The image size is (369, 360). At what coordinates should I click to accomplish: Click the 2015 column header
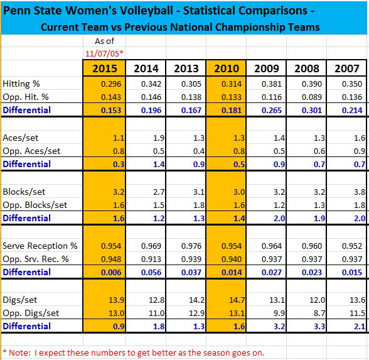[x=104, y=68]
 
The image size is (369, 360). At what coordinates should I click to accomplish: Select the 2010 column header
[x=227, y=68]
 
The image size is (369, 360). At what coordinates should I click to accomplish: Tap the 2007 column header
[x=347, y=68]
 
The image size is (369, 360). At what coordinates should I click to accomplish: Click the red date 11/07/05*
[x=104, y=53]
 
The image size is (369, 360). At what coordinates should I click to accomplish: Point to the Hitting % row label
[x=21, y=84]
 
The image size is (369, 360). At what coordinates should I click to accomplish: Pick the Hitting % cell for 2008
[x=311, y=84]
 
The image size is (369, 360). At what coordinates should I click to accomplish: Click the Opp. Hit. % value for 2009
[x=272, y=97]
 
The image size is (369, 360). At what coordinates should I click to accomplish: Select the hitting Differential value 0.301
[x=311, y=111]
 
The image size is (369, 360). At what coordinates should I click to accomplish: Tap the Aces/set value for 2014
[x=159, y=138]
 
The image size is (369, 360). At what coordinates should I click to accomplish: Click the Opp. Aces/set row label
[x=31, y=151]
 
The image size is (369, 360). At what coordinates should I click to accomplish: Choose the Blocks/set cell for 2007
[x=360, y=192]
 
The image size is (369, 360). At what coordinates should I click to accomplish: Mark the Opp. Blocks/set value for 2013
[x=199, y=205]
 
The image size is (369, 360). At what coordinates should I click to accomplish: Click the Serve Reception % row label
[x=40, y=246]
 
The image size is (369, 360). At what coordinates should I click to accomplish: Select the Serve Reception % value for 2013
[x=191, y=246]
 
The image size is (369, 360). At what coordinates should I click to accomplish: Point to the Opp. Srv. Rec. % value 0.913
[x=151, y=259]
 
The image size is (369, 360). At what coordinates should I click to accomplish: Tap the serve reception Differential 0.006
[x=111, y=273]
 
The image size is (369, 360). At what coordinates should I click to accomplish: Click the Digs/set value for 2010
[x=237, y=300]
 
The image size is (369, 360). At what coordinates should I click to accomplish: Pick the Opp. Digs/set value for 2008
[x=319, y=313]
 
